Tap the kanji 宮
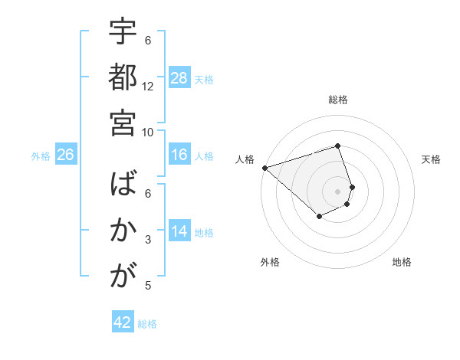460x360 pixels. (x=123, y=122)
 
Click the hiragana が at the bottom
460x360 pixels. (x=123, y=276)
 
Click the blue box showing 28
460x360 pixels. (x=179, y=77)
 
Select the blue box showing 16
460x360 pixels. (x=179, y=155)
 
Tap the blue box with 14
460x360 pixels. (x=179, y=231)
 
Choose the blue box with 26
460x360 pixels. (x=65, y=155)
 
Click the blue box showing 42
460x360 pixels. (x=123, y=322)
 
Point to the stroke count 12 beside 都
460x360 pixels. (x=148, y=86)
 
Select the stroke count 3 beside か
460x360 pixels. (x=148, y=240)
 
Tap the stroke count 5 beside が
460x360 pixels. (x=148, y=286)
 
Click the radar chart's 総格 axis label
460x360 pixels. (x=337, y=100)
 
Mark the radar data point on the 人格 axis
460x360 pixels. (x=264, y=167)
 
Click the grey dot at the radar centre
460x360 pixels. (x=337, y=191)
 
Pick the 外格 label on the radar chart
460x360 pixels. (x=270, y=262)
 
